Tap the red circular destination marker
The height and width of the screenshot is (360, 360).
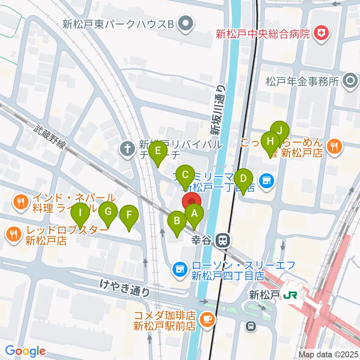pyautogui.click(x=192, y=201)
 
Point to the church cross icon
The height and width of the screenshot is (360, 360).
pyautogui.click(x=127, y=149)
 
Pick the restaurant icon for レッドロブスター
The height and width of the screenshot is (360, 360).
pyautogui.click(x=14, y=235)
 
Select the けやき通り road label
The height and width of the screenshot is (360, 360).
pyautogui.click(x=125, y=289)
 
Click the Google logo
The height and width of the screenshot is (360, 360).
pyautogui.click(x=25, y=351)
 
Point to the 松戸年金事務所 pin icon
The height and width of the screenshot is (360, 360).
pyautogui.click(x=351, y=81)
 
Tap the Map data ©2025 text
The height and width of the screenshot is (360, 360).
pyautogui.click(x=328, y=354)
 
